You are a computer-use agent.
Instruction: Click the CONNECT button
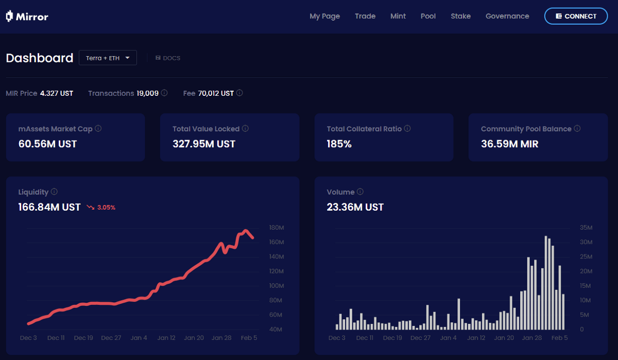(576, 16)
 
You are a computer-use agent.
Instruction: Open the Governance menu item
(507, 16)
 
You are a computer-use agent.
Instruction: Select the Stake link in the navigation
(460, 16)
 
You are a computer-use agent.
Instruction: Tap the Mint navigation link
(398, 16)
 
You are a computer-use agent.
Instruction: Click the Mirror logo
(27, 16)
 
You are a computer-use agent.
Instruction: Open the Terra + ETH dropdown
(108, 58)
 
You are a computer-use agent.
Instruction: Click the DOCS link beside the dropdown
(168, 58)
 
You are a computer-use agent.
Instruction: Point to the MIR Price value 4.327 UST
(57, 93)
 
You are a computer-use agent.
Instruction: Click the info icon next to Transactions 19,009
(164, 93)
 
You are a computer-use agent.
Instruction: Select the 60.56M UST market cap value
(47, 144)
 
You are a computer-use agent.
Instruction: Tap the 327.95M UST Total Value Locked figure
(204, 144)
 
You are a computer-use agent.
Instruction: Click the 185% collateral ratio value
(339, 144)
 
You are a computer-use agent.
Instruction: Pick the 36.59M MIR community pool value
(509, 144)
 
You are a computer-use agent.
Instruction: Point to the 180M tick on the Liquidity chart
(277, 228)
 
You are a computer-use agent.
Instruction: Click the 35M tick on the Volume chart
(586, 228)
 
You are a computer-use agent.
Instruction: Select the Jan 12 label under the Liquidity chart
(166, 338)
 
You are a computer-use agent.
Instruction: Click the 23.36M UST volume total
(355, 207)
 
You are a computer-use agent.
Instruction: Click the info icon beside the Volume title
(360, 192)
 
